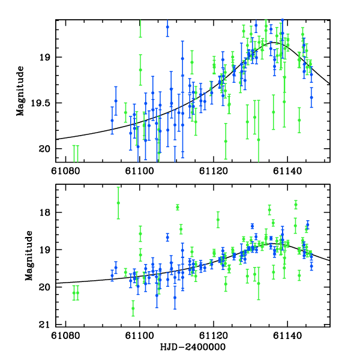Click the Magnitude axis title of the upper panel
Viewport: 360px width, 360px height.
pos(21,91)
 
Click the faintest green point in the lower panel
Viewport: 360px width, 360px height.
pos(133,308)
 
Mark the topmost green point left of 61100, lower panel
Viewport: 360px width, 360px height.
pos(118,203)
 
